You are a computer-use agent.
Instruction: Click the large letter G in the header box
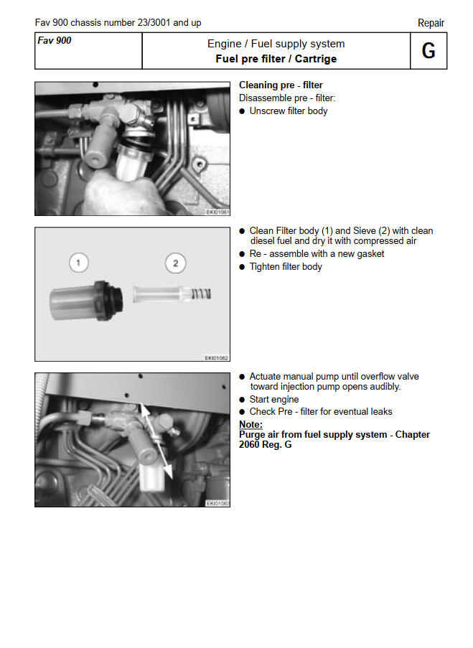[428, 51]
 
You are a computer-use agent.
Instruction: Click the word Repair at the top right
[431, 23]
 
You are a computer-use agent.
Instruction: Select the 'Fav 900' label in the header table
[55, 41]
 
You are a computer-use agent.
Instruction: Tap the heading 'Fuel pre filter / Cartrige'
[276, 59]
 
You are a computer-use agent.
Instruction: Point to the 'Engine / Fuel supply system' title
[276, 44]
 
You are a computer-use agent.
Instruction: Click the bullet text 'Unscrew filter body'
[288, 111]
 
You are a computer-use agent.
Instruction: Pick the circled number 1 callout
[78, 263]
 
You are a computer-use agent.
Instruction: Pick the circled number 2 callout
[175, 263]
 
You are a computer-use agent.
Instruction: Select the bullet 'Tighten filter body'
[285, 267]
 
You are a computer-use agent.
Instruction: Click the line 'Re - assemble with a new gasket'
[316, 254]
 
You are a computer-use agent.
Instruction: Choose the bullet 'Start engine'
[273, 400]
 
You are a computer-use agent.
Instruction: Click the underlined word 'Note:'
[250, 424]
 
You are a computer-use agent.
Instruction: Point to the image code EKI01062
[217, 357]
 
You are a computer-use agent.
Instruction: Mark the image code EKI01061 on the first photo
[217, 211]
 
